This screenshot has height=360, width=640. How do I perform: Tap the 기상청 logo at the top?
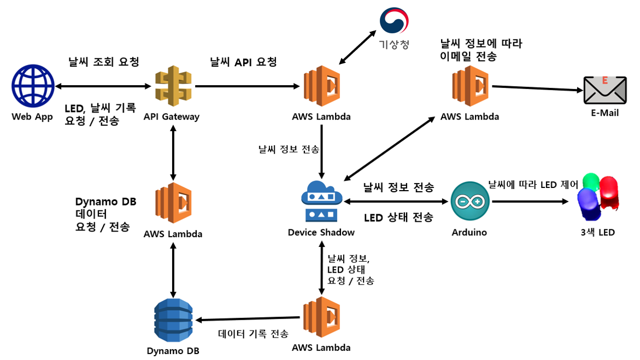[x=394, y=21]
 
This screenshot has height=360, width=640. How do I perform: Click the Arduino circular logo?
[x=469, y=202]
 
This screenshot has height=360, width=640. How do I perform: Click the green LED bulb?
[x=592, y=183]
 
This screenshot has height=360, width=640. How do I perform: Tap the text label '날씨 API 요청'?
[x=243, y=62]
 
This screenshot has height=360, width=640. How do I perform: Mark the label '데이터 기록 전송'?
[x=253, y=334]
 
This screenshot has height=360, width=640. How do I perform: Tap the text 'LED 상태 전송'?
[x=398, y=217]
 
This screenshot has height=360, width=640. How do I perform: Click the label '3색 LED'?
[x=597, y=232]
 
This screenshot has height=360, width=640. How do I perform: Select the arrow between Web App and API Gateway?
[x=103, y=86]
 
